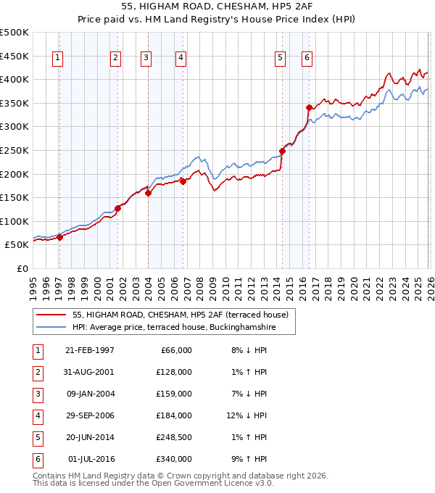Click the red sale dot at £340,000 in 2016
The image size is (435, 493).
pos(309,107)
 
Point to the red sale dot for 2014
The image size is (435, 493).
pos(282,151)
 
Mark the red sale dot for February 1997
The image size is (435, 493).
pos(60,237)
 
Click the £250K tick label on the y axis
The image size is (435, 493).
pos(14,150)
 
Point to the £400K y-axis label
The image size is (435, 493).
pos(14,79)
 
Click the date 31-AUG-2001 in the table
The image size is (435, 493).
pos(90,372)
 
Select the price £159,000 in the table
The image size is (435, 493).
pos(174,394)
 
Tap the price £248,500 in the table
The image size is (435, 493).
pos(174,438)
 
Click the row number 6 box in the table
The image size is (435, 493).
pos(36,460)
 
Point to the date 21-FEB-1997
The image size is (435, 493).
pos(90,350)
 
